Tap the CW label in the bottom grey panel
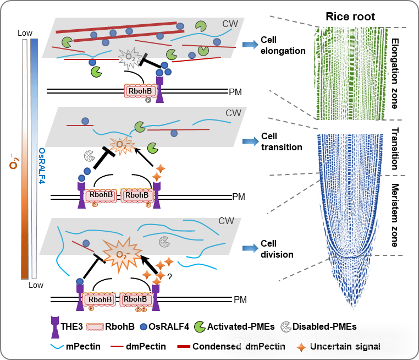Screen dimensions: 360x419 (226, 221)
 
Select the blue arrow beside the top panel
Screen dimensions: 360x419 (250, 45)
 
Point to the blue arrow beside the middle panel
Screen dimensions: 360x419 (250, 141)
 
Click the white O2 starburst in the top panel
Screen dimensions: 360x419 (130, 57)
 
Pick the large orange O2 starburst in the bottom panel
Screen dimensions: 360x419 (122, 254)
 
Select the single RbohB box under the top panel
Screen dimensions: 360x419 (140, 91)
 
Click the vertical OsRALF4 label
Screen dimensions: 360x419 (42, 165)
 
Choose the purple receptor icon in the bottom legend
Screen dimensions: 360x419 (55, 326)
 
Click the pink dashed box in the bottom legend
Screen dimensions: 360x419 (95, 327)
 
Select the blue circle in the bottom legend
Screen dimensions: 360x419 (144, 326)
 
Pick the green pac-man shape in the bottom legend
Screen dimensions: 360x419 (200, 327)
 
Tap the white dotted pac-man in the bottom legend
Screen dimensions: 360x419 (286, 327)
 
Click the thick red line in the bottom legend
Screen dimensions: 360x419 (184, 346)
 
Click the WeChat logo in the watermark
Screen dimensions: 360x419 (239, 343)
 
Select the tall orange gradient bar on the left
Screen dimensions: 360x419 (25, 159)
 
